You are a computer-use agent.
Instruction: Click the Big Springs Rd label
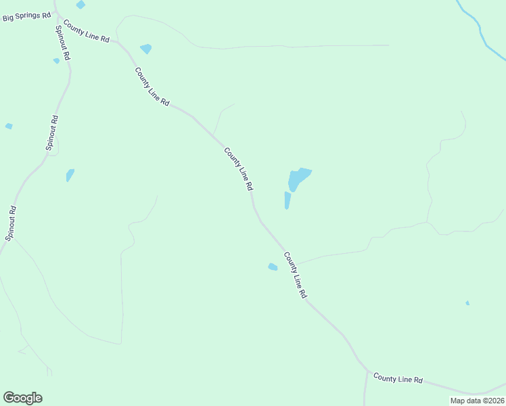(27, 16)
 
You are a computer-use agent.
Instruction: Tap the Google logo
(22, 398)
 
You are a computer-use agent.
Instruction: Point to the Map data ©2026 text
(476, 401)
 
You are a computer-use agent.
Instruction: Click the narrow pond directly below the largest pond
(287, 200)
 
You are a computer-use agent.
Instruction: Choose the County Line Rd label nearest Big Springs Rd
(86, 32)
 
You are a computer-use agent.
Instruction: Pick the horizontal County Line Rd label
(398, 380)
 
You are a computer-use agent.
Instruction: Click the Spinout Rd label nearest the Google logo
(11, 224)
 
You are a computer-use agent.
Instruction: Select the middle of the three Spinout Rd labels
(51, 133)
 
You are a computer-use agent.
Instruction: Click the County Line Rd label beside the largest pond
(239, 169)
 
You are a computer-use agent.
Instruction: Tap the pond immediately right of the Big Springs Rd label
(80, 5)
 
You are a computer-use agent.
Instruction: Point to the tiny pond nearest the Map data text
(467, 303)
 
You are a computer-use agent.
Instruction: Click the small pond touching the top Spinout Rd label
(56, 61)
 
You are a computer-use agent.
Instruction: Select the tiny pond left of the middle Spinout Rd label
(9, 126)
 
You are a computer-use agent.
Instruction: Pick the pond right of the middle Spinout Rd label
(70, 175)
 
